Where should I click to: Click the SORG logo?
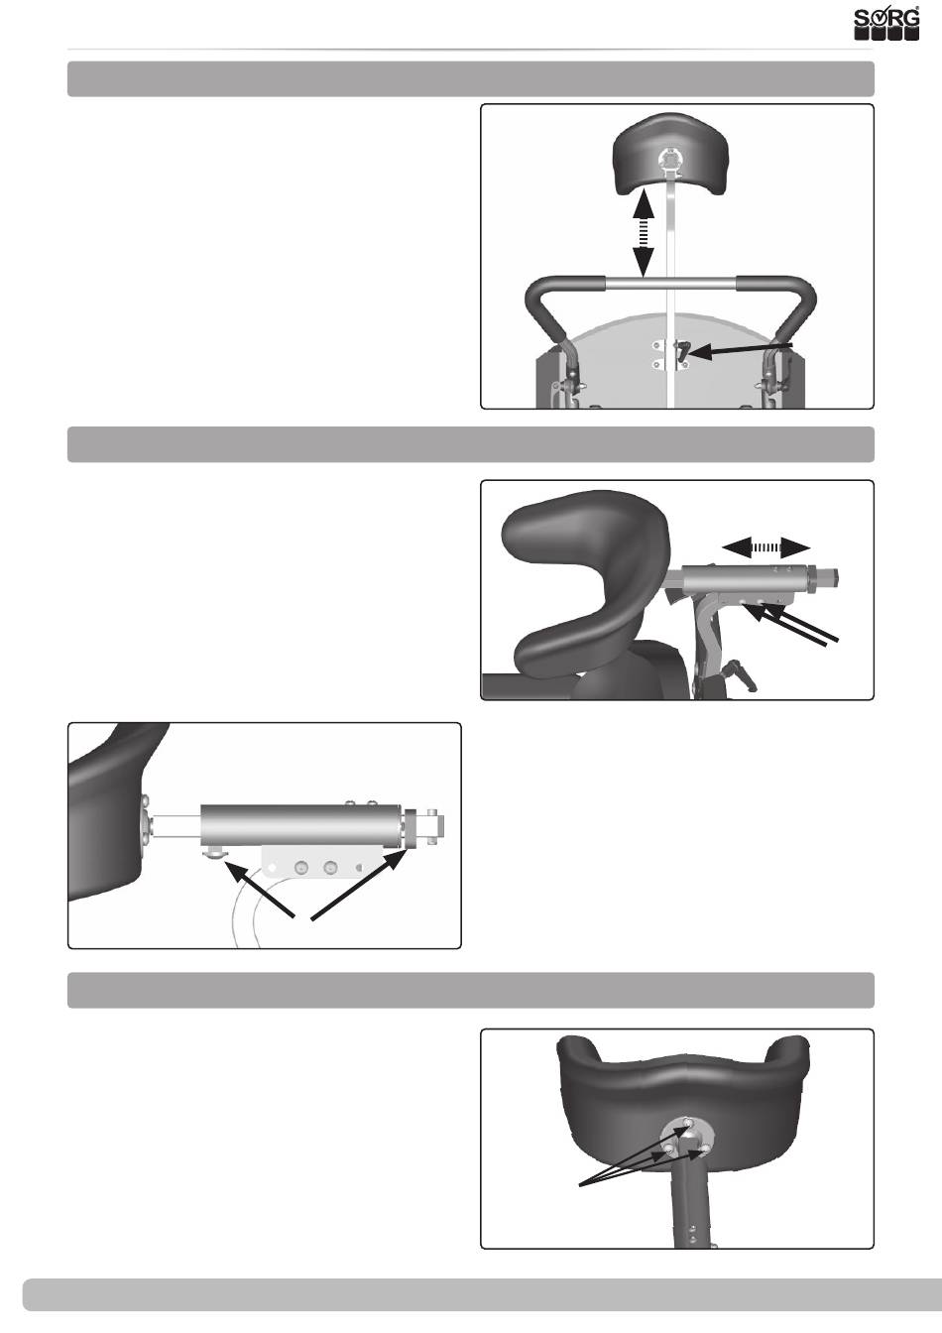click(886, 23)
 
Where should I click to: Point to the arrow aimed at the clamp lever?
click(742, 349)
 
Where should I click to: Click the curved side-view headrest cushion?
click(586, 583)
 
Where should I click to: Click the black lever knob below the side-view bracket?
click(742, 677)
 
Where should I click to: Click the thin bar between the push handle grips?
click(671, 284)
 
